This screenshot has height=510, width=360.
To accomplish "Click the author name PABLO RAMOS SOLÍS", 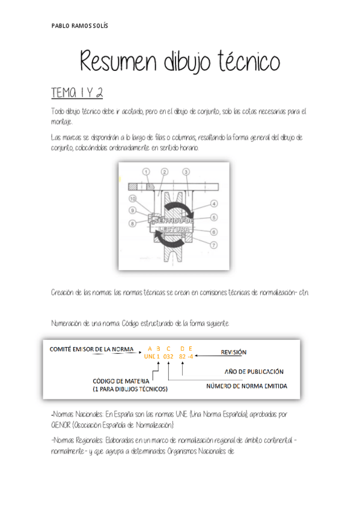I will pyautogui.click(x=80, y=26).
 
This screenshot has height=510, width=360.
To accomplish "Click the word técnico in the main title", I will pyautogui.click(x=247, y=62).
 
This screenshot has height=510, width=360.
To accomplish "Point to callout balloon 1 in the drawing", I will pyautogui.click(x=146, y=172).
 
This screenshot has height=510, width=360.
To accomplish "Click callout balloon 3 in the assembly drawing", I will pyautogui.click(x=186, y=172).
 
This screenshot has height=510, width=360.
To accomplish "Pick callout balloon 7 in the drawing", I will pyautogui.click(x=213, y=245).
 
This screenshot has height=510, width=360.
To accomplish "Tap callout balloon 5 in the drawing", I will pyautogui.click(x=214, y=217).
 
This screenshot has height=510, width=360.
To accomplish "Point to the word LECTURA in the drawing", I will pyautogui.click(x=174, y=229).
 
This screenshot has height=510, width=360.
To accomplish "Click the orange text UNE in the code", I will pyautogui.click(x=150, y=356).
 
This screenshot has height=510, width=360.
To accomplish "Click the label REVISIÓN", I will pyautogui.click(x=234, y=352).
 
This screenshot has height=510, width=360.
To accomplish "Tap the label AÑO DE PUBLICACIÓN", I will pyautogui.click(x=254, y=371).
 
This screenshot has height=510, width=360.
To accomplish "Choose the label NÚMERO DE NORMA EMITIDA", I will pyautogui.click(x=246, y=386).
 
